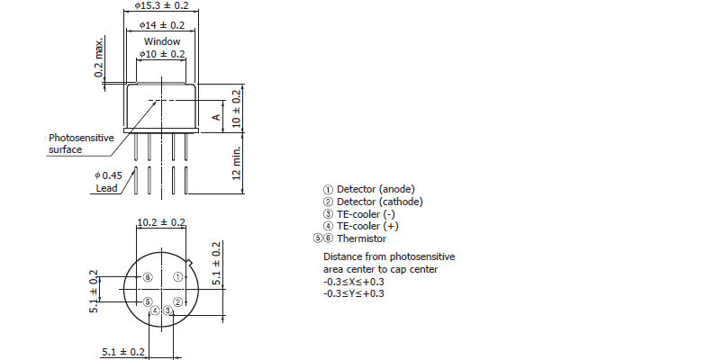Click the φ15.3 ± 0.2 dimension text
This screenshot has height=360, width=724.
coord(161,5)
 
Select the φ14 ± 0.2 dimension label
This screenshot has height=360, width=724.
coord(161,25)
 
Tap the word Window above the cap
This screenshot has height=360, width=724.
coord(161,41)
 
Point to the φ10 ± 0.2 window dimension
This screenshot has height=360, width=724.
coord(162,54)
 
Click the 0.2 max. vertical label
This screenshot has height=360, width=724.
coord(99,58)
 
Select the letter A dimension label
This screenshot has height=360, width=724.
coord(215,117)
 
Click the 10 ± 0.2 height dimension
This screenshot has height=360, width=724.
coord(237,109)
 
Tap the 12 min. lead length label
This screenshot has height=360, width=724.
coord(237,163)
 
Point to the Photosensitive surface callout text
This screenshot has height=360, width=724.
coord(81,143)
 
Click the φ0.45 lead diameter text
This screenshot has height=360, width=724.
coord(108,175)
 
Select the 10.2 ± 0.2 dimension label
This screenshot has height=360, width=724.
coord(161,222)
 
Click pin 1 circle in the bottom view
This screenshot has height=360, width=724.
coord(178,277)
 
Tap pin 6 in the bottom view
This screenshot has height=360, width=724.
coord(148,277)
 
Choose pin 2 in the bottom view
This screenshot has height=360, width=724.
coord(178,301)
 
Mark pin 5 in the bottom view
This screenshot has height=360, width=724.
coord(148,301)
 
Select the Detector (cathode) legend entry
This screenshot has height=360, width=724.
coord(373,202)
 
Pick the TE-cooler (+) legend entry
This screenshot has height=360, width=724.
coord(360,226)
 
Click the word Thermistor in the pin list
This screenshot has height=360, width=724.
coord(361,238)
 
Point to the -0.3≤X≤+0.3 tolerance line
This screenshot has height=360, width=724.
coord(354,282)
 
